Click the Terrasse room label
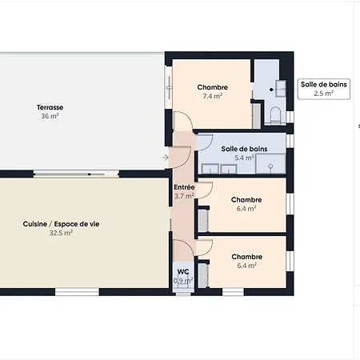coord(50,107)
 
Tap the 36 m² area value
coord(50,116)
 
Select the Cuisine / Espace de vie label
coord(61,224)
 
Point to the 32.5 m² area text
coord(61,233)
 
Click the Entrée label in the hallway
coord(184,187)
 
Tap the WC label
coord(183,272)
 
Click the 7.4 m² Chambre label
coord(213,87)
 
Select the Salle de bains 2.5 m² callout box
coord(324,89)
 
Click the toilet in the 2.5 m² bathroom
coord(276,115)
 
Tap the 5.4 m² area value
coord(244,158)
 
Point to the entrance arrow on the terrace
coord(166,158)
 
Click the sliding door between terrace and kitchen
coord(76,174)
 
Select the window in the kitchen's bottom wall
coord(77,291)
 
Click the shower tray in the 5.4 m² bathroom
coord(270,163)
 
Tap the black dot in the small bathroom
coord(271,90)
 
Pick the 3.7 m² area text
coord(184,196)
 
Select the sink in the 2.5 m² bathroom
coord(281,88)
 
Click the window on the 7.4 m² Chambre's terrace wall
coord(169,87)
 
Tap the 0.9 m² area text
coord(183,281)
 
